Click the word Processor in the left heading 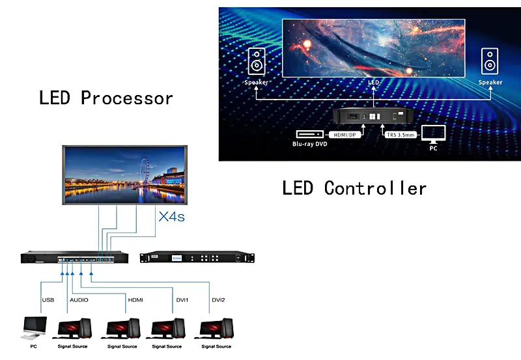pyautogui.click(x=127, y=99)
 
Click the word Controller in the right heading pyautogui.click(x=375, y=188)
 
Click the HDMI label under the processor pyautogui.click(x=135, y=300)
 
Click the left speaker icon pyautogui.click(x=256, y=63)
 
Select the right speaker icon pyautogui.click(x=490, y=63)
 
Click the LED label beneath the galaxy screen pyautogui.click(x=373, y=83)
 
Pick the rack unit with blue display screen pyautogui.click(x=197, y=258)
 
